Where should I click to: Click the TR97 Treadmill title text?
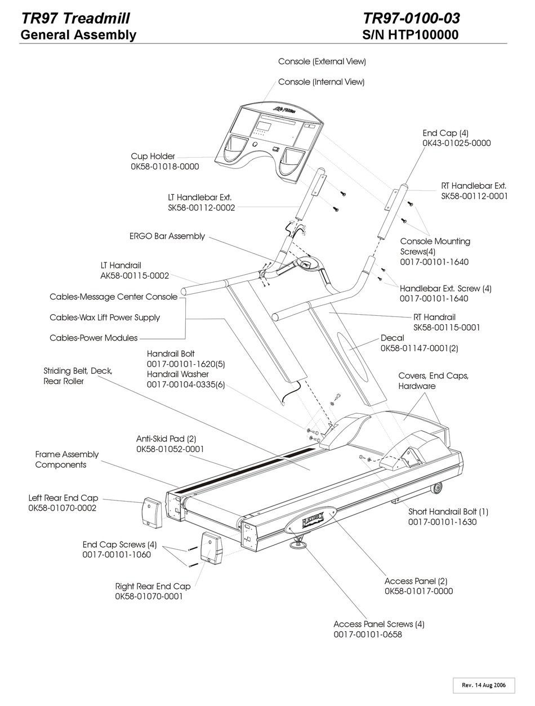[75, 19]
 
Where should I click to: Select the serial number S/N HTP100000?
[411, 35]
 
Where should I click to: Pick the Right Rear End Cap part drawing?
[211, 548]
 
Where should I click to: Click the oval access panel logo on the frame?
[310, 521]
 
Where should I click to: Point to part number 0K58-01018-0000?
[165, 167]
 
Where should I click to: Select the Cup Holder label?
[153, 156]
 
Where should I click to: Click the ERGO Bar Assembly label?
[167, 236]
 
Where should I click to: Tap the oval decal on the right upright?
[351, 350]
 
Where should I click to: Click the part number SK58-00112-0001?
[474, 196]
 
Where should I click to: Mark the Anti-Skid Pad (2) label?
[166, 439]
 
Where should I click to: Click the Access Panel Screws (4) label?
[378, 624]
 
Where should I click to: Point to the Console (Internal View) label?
[321, 82]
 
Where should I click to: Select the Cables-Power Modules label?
[93, 338]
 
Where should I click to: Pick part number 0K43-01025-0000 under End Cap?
[457, 143]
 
